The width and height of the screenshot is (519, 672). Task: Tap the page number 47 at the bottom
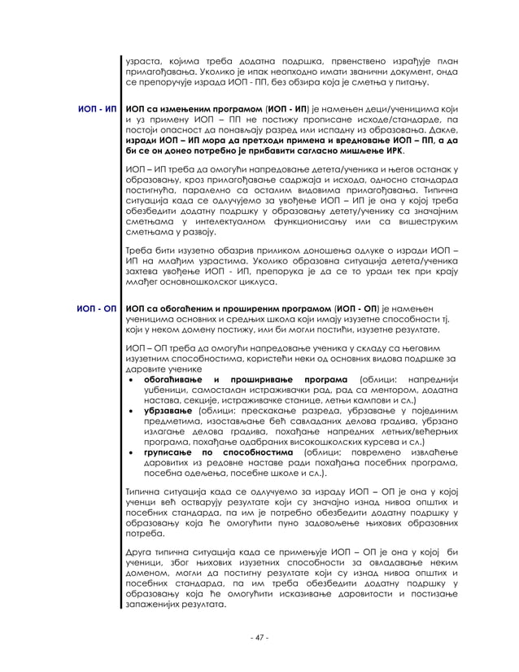[259, 637]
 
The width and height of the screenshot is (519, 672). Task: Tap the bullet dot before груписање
[132, 452]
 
